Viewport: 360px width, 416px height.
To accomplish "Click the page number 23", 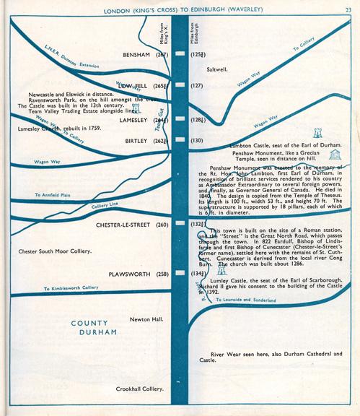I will (x=348, y=10).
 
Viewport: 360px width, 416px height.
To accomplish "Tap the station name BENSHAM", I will (x=137, y=55).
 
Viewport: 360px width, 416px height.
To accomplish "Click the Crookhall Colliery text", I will (x=141, y=389).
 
